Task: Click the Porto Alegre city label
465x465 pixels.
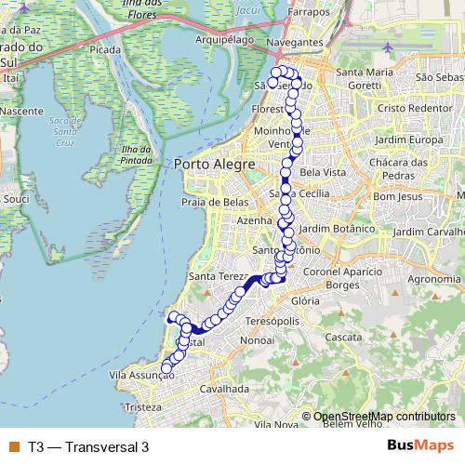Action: pyautogui.click(x=214, y=165)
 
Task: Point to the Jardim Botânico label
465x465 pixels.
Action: pyautogui.click(x=338, y=228)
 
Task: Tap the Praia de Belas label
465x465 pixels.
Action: pyautogui.click(x=213, y=201)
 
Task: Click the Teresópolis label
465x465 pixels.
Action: pyautogui.click(x=272, y=321)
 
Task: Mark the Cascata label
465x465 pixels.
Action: pyautogui.click(x=345, y=336)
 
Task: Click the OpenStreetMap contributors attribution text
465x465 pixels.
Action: pyautogui.click(x=384, y=417)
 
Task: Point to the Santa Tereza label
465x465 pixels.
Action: pyautogui.click(x=217, y=276)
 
